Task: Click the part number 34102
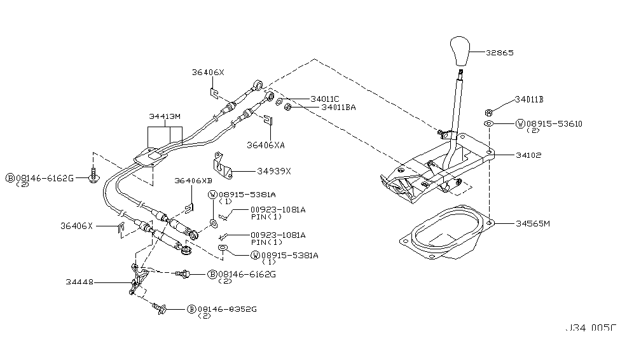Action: coord(511,155)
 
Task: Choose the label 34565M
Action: coord(515,223)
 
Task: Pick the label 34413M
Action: coord(165,116)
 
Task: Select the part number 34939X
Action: coord(274,170)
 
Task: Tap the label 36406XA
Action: coord(266,145)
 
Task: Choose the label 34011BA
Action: coord(338,107)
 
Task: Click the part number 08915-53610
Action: coord(554,123)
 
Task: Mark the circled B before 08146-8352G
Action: coord(191,310)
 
